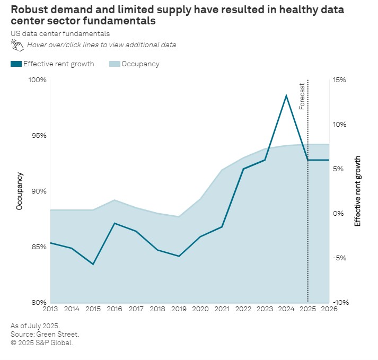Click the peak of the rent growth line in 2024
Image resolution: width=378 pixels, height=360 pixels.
286,95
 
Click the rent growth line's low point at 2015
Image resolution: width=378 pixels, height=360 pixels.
93,264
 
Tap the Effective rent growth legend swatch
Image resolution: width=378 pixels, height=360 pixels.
16,64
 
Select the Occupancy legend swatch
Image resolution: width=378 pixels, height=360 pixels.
114,64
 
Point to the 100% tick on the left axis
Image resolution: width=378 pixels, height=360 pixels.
38,80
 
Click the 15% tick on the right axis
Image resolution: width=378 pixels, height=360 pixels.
339,80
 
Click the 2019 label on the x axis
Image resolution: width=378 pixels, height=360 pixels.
179,309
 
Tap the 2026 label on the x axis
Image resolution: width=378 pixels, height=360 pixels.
329,309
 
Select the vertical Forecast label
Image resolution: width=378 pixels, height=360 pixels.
302,96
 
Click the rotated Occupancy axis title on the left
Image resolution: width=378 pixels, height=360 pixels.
20,191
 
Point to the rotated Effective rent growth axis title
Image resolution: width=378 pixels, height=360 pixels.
357,191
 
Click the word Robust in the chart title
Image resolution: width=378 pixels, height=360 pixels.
27,10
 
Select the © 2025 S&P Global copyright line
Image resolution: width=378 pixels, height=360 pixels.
41,343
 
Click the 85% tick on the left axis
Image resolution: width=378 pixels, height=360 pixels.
39,247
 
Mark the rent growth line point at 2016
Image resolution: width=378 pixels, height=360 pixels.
115,223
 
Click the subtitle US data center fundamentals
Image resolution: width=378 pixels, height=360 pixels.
60,33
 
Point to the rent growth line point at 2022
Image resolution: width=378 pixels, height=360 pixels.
243,169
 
